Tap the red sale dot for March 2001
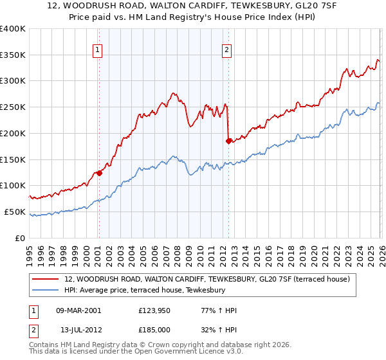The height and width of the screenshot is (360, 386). pos(99,172)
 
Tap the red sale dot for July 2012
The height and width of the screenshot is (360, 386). pos(228,140)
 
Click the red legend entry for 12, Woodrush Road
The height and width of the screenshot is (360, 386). pos(207,280)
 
